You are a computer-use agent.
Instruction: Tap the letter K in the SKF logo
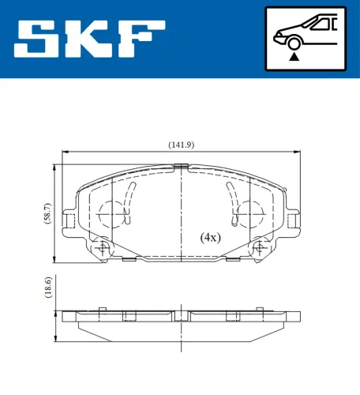[x=88, y=39]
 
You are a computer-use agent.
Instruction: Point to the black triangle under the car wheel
[x=294, y=56]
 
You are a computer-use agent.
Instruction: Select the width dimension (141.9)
[x=181, y=144]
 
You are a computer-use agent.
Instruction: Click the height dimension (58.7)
[x=47, y=214]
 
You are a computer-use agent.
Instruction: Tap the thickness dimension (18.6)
[x=47, y=288]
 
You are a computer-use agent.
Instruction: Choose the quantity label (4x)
[x=210, y=237]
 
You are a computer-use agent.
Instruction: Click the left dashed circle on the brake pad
[x=114, y=213]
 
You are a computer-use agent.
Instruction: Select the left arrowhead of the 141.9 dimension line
[x=66, y=152]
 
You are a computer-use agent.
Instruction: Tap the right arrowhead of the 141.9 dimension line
[x=297, y=152]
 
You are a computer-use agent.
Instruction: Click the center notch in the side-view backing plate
[x=182, y=315]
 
